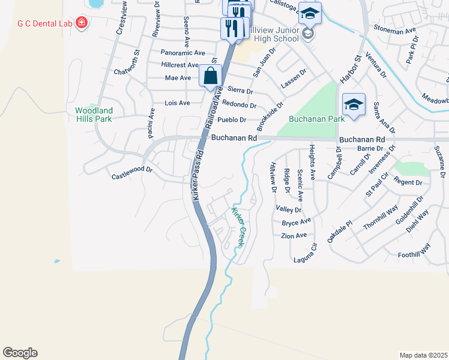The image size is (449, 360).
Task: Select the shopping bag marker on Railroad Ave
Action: pos(210,77)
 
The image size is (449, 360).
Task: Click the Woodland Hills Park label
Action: pos(94,115)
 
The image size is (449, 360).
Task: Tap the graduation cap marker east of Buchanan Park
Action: pos(354,104)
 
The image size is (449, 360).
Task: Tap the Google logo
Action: pos(20,353)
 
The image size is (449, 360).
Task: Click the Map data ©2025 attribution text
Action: pos(424,355)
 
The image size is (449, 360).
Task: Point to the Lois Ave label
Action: pos(177,103)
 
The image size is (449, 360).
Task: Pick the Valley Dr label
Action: pos(288,209)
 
